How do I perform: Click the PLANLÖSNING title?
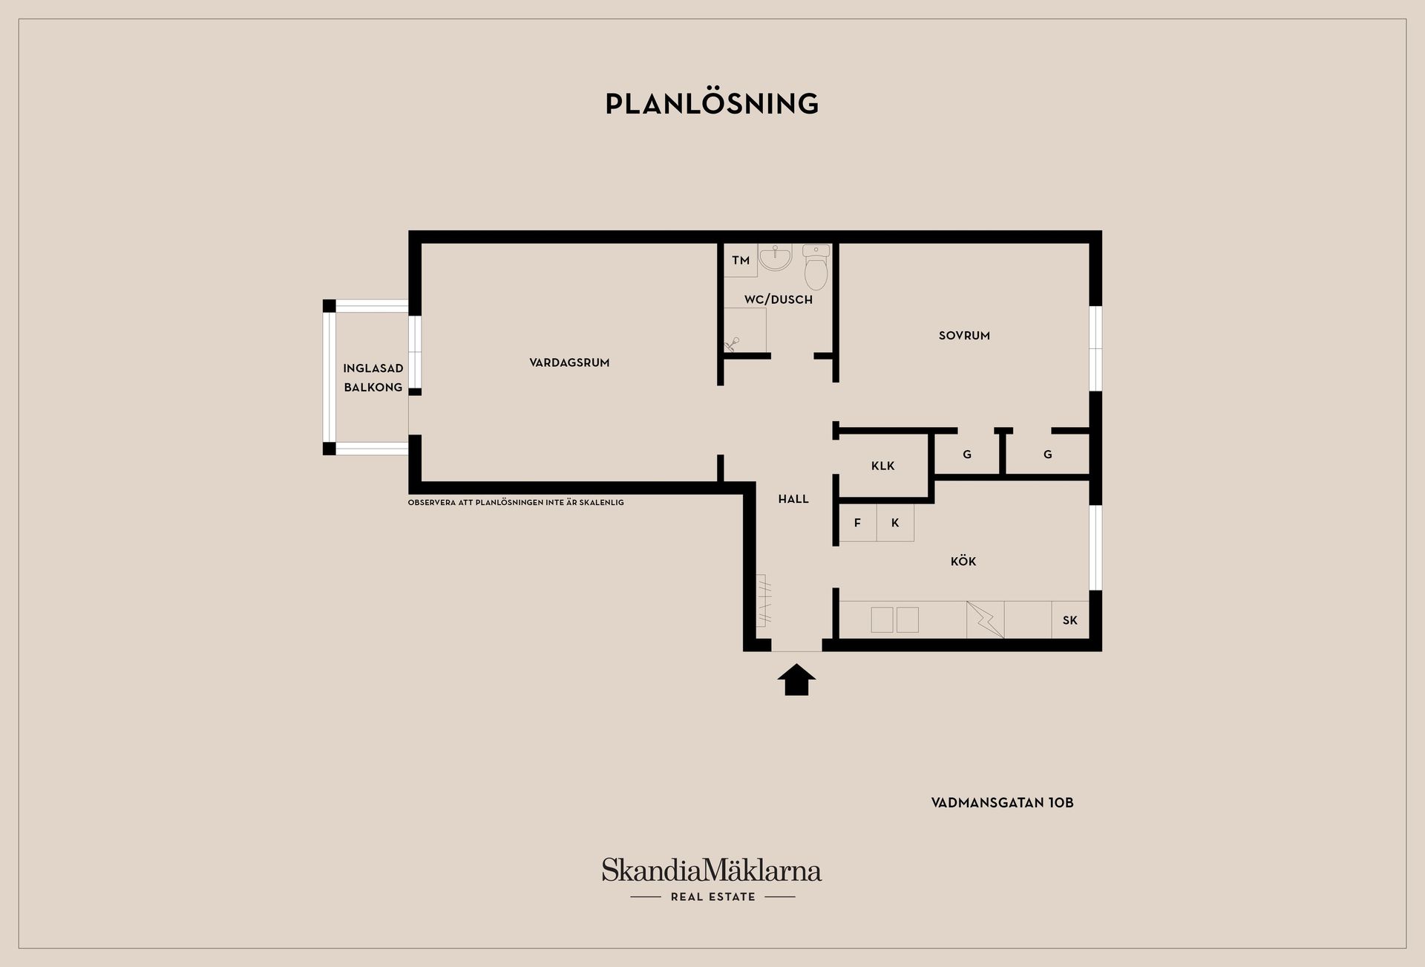click(712, 103)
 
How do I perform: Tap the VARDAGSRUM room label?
click(569, 362)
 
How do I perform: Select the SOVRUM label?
click(964, 336)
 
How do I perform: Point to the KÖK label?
click(963, 561)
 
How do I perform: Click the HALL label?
click(793, 499)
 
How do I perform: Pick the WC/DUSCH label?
click(779, 299)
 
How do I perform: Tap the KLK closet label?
click(883, 466)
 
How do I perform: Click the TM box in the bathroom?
click(741, 261)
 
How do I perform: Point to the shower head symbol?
click(732, 344)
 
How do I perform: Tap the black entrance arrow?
click(796, 680)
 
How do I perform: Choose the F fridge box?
click(858, 523)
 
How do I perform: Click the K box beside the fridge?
click(895, 523)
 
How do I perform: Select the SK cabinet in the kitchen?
click(1070, 619)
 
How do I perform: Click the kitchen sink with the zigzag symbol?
click(985, 619)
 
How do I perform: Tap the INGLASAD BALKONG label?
click(373, 378)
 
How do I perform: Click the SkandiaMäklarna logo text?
click(712, 870)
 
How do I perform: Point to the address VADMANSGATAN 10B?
click(1003, 803)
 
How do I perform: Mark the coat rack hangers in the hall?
click(764, 600)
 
